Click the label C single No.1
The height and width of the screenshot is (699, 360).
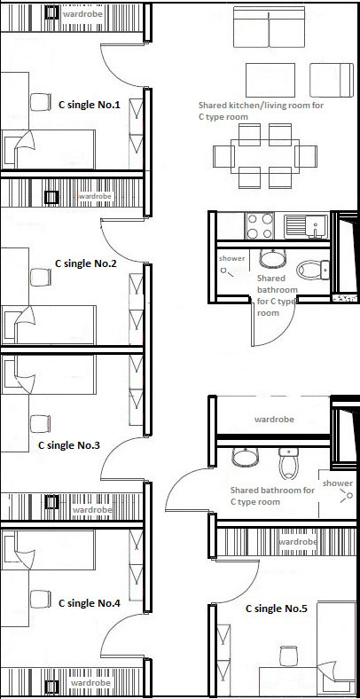click(x=90, y=106)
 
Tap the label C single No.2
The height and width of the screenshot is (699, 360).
click(x=85, y=263)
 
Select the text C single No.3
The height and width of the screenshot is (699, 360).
click(x=69, y=445)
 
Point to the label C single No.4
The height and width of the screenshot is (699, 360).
click(x=89, y=603)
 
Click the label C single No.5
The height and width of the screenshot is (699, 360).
click(x=277, y=609)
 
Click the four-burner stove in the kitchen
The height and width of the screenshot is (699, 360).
click(x=260, y=226)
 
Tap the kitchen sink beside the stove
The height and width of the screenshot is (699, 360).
click(x=306, y=226)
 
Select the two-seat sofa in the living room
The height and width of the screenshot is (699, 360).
click(x=269, y=27)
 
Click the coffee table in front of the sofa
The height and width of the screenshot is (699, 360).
click(x=270, y=80)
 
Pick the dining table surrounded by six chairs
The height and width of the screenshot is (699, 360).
click(x=265, y=156)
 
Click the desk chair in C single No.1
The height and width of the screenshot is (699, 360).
click(x=41, y=102)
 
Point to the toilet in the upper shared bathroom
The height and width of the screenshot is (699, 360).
click(x=313, y=271)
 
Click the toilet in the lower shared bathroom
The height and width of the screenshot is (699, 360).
click(x=288, y=463)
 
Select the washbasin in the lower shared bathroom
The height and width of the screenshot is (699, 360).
click(x=246, y=457)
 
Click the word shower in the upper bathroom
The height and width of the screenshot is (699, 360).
click(x=231, y=258)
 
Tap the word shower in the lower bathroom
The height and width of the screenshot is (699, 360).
click(x=337, y=483)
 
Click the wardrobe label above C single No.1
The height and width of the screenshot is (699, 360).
click(x=82, y=14)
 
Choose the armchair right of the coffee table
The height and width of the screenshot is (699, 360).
click(x=332, y=80)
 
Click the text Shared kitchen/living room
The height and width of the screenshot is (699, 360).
click(x=261, y=106)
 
